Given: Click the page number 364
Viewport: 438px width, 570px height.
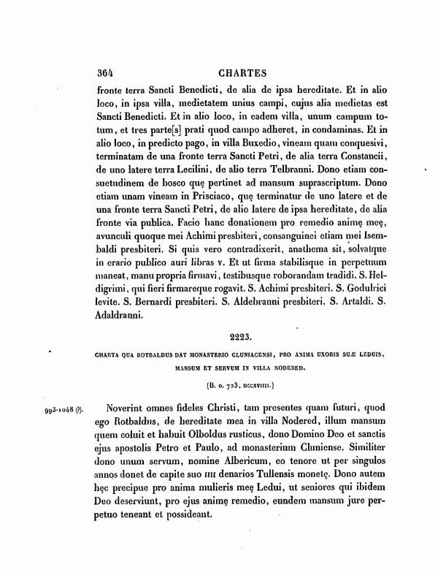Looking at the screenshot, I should coord(107,73).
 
